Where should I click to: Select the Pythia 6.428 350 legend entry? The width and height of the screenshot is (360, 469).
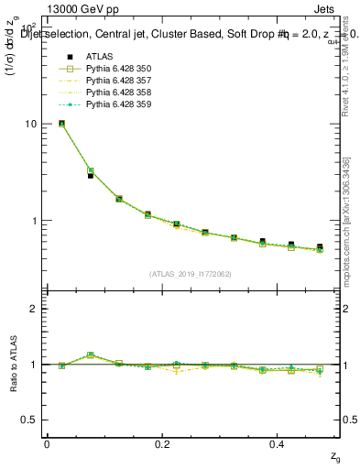point(119,69)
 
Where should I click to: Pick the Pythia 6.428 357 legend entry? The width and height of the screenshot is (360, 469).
point(119,81)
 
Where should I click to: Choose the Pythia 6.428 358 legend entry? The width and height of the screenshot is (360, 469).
point(119,93)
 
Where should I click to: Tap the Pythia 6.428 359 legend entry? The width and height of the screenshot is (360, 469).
point(119,104)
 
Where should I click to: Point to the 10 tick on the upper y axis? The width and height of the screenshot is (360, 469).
point(30,124)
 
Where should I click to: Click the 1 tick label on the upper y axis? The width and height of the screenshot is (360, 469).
point(33,221)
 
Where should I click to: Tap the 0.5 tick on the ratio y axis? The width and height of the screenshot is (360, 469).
point(29,420)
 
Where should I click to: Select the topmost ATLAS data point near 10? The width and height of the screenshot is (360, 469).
point(61,123)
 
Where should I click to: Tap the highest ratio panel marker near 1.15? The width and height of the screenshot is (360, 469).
point(91,354)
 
